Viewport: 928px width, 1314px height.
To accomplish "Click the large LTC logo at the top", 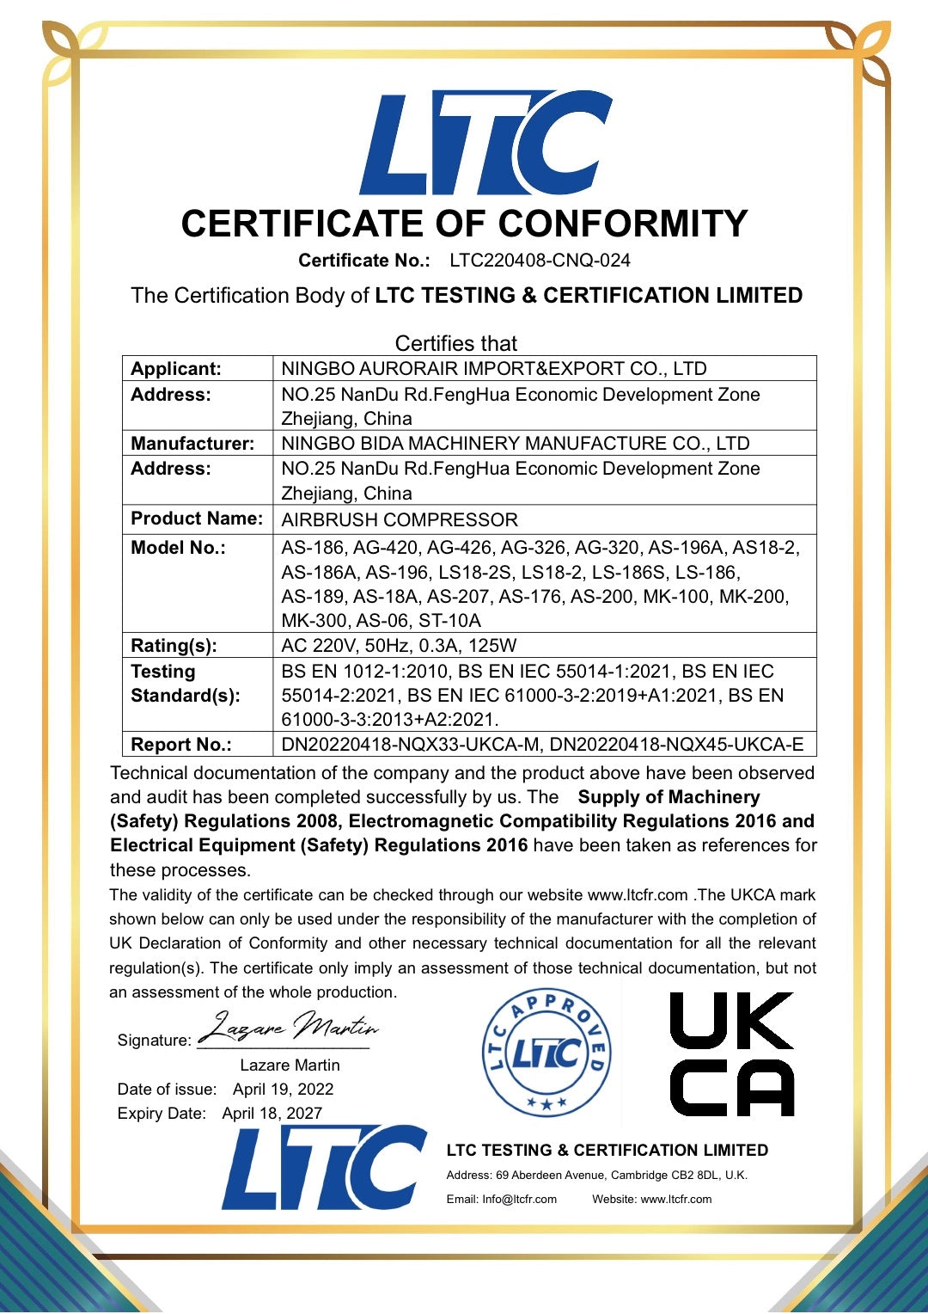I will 485,144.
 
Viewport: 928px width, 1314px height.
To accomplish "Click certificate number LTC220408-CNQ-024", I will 540,261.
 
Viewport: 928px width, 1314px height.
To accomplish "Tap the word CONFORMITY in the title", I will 623,224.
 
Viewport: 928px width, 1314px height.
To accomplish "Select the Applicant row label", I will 176,369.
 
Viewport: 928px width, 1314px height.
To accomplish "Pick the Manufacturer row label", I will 192,444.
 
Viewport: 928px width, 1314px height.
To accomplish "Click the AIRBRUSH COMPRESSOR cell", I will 400,520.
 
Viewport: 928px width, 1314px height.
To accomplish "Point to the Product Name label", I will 197,519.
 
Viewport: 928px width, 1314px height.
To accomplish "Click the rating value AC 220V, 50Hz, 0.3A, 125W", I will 399,646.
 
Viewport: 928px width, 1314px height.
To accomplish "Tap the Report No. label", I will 181,745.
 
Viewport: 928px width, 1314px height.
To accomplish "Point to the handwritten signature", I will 289,1028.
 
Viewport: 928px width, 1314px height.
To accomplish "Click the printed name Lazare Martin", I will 290,1065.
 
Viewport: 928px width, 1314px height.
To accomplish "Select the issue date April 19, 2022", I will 283,1090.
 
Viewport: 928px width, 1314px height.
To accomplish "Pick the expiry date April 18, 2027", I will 272,1114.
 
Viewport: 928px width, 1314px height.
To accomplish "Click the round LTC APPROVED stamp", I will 546,1053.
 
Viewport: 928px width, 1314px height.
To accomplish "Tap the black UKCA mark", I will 731,1053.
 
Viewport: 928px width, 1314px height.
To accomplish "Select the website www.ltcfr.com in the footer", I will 675,1200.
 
